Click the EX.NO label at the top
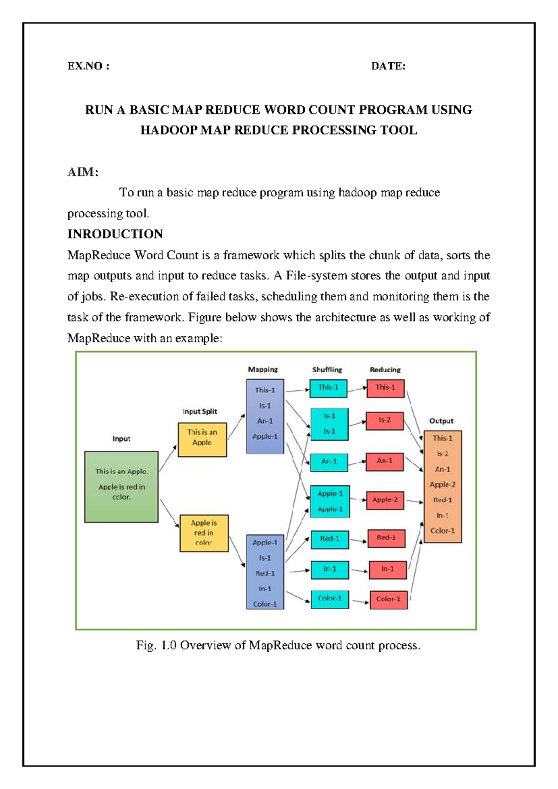coord(88,66)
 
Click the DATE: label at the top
coord(388,66)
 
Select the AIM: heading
coord(83,172)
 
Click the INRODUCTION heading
coord(115,234)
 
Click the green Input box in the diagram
coord(121,487)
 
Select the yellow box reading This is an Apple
coord(202,440)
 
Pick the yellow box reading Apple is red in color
coord(204,533)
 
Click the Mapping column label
coord(263,369)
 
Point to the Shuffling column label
coord(327,369)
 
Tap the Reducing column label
coord(385,369)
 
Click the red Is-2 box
coord(385,420)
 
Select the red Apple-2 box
coord(385,500)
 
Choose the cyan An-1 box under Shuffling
coord(329,461)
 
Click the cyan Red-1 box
coord(329,539)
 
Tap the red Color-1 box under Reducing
coord(388,599)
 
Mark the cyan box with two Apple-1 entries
coord(330,501)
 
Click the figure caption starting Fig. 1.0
coord(278,645)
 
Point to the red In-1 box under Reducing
coord(387,569)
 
